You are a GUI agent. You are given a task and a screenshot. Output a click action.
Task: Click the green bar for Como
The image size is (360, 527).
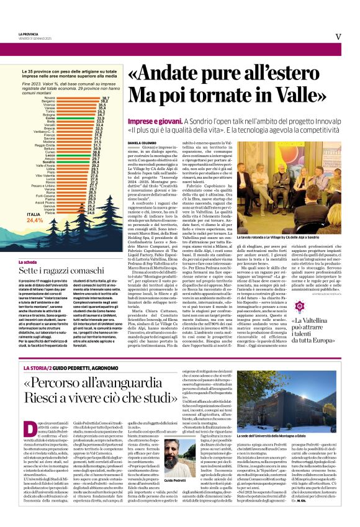(74, 117)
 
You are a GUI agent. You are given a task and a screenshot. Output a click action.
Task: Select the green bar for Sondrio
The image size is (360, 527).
(73, 161)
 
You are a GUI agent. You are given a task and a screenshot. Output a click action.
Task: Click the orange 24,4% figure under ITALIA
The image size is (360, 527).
(35, 220)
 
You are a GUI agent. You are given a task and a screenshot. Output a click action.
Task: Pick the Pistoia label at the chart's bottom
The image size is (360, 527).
(50, 212)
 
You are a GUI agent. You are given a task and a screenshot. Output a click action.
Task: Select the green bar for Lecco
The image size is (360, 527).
(73, 155)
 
